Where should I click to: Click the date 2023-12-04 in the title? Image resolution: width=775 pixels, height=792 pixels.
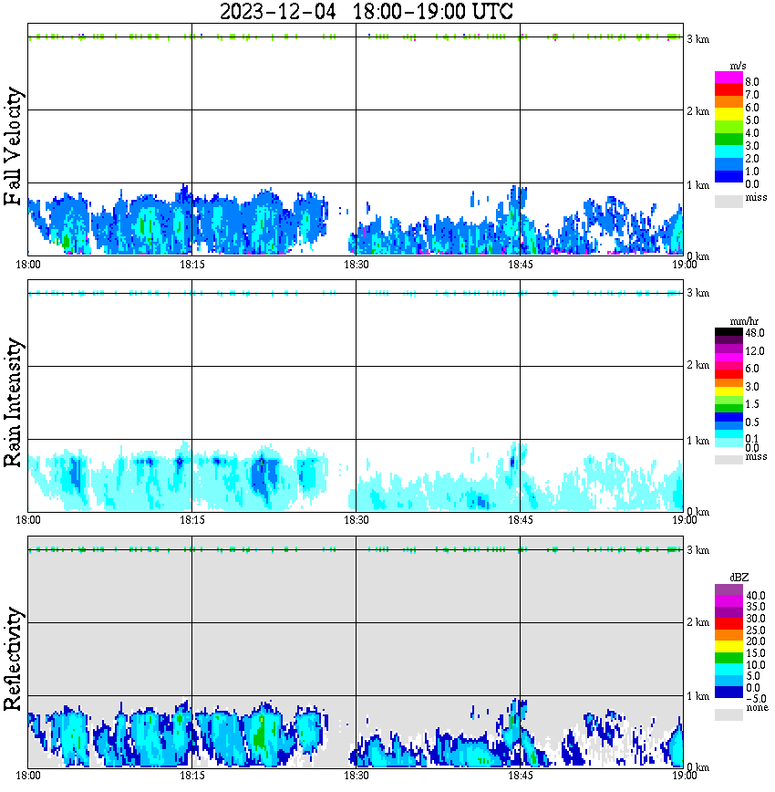click(x=279, y=12)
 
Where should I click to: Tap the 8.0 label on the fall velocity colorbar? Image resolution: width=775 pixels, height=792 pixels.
click(x=751, y=82)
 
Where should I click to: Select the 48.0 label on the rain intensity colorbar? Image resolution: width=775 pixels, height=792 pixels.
click(x=753, y=333)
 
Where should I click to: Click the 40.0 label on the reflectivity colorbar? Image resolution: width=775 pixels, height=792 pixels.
click(x=753, y=595)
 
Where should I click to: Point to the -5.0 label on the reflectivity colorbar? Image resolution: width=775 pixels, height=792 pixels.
click(x=753, y=699)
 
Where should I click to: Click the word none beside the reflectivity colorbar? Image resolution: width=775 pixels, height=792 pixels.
click(x=756, y=708)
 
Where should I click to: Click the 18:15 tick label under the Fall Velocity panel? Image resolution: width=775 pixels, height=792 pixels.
click(x=191, y=265)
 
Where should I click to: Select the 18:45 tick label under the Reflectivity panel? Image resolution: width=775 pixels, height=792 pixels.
click(x=520, y=776)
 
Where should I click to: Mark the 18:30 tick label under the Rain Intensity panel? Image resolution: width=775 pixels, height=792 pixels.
click(x=356, y=520)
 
